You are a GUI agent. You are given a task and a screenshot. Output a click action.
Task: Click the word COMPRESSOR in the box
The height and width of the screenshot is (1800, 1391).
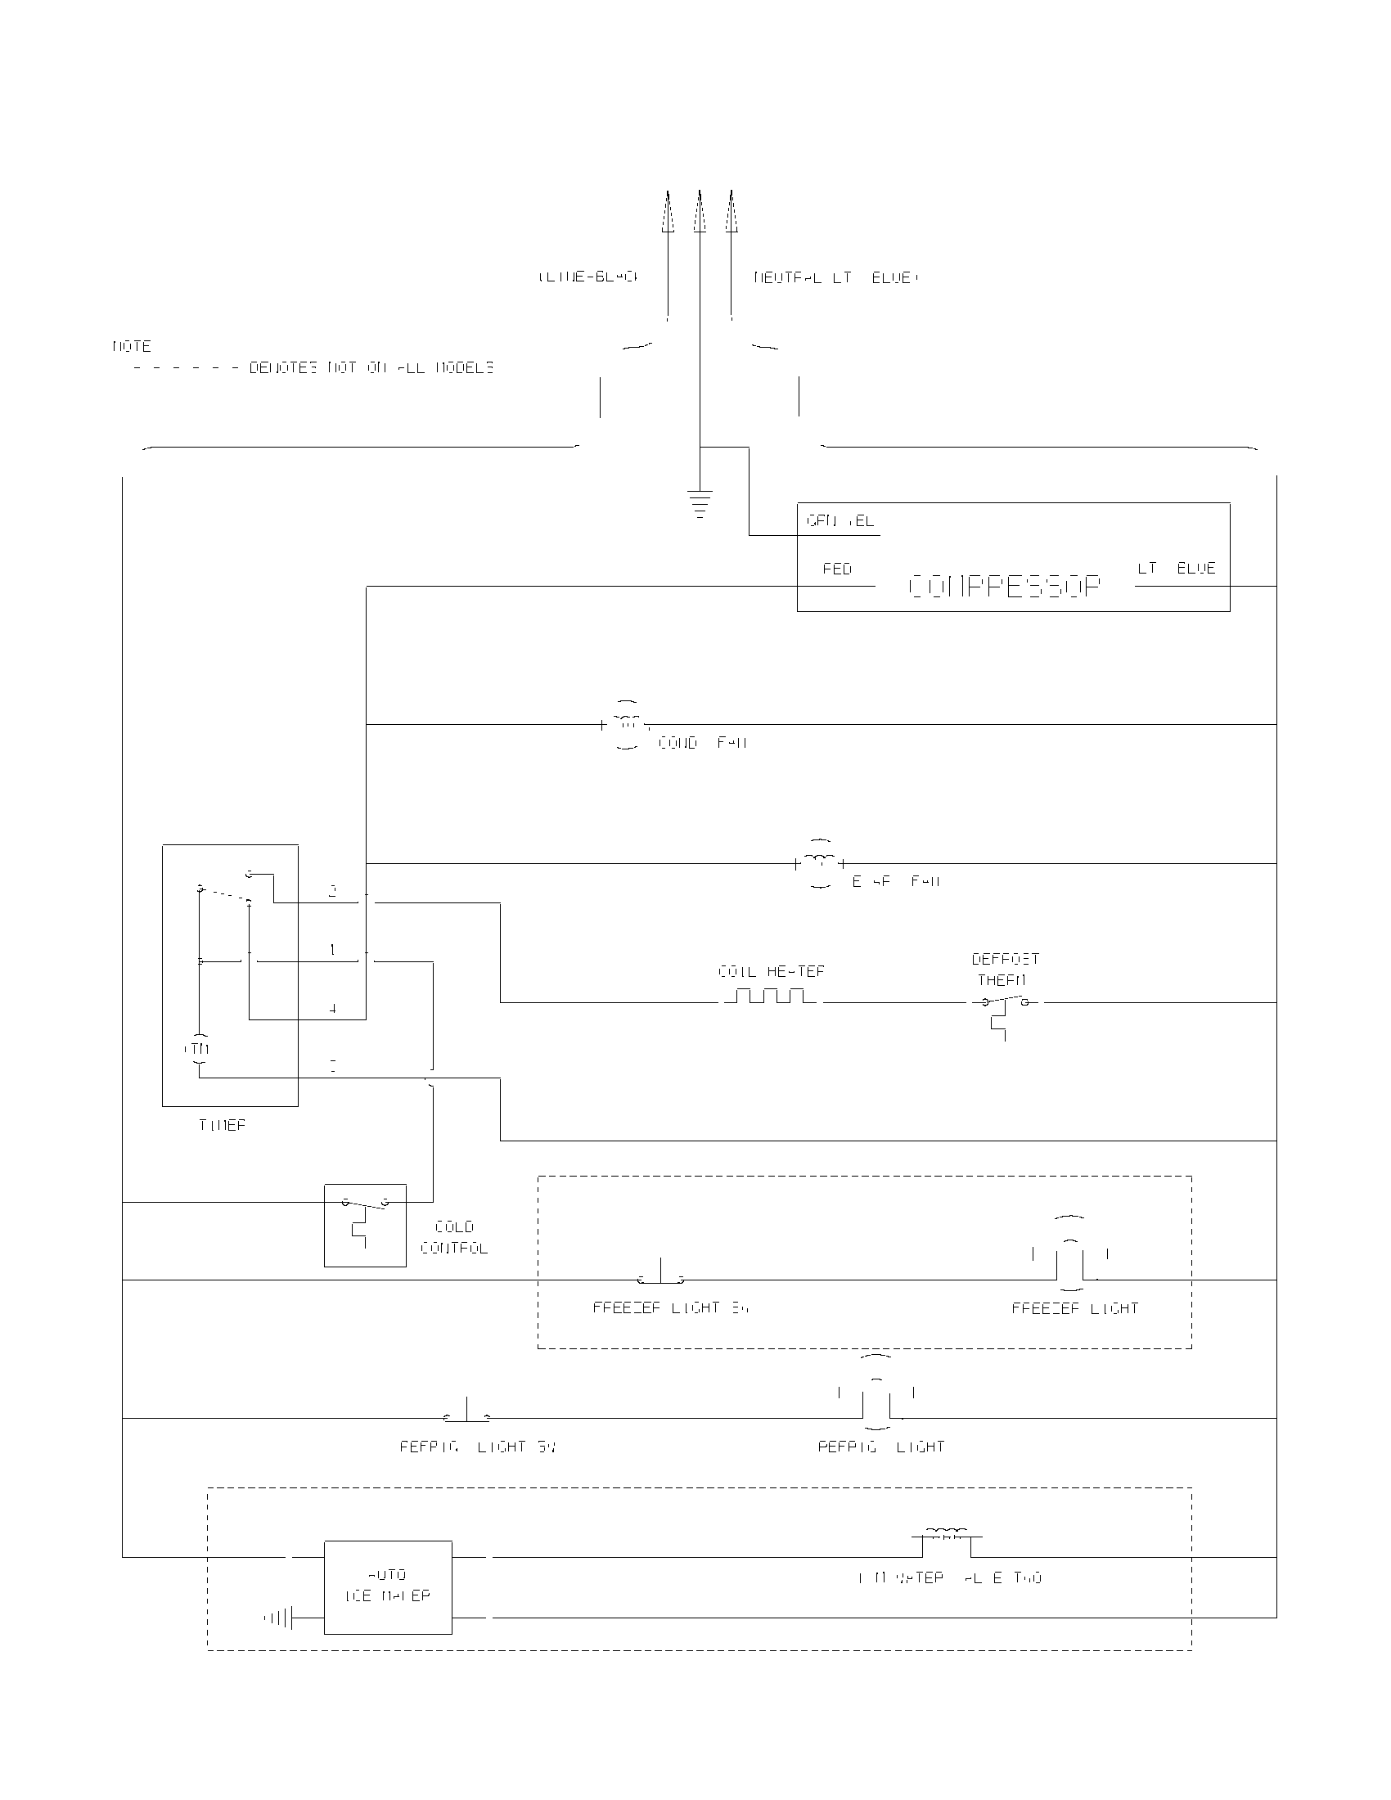(1004, 587)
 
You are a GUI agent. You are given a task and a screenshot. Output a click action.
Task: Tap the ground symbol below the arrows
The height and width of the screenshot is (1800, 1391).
(700, 503)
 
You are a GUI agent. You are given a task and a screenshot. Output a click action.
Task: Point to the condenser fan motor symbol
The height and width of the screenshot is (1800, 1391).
(628, 724)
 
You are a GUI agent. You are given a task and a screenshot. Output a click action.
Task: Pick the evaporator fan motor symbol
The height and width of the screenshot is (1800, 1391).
(820, 863)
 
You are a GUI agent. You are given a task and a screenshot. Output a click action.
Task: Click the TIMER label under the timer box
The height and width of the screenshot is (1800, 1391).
(222, 1125)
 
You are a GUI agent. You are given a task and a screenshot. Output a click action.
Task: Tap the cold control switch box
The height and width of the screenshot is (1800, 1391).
(365, 1225)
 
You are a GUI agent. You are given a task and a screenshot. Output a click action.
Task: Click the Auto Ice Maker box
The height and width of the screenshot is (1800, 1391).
(387, 1586)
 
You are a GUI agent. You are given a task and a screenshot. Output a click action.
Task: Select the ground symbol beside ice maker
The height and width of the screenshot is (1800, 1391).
(280, 1618)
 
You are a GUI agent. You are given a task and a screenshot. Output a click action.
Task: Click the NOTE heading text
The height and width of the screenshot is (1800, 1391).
(132, 346)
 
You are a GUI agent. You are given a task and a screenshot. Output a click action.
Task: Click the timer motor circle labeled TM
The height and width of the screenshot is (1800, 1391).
(199, 1048)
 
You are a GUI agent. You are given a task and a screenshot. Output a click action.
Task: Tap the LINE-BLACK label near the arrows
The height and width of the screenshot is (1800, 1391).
(587, 277)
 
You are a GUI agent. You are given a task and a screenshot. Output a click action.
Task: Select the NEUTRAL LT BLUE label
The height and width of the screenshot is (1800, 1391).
(835, 277)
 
